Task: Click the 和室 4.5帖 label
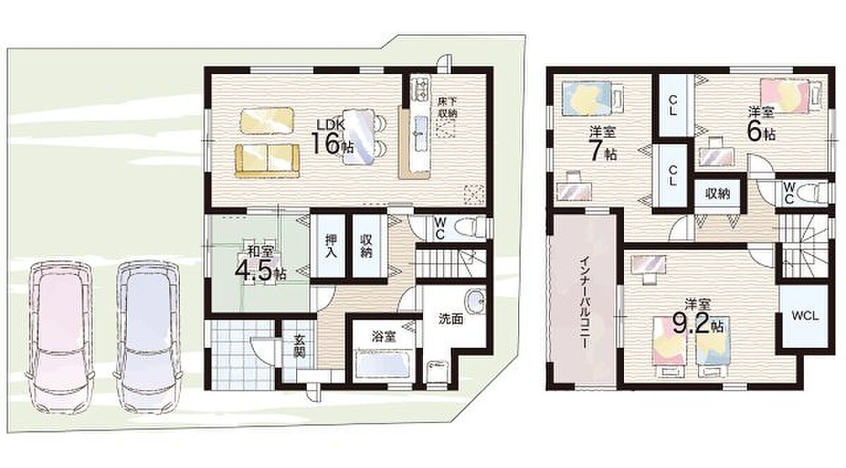260,265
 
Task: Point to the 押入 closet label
331,246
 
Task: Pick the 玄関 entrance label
300,347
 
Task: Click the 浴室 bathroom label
384,337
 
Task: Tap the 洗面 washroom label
451,319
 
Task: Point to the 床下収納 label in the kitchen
448,107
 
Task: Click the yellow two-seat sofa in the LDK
267,160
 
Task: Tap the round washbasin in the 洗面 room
474,301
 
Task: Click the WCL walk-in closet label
805,316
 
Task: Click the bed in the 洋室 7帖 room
591,98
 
